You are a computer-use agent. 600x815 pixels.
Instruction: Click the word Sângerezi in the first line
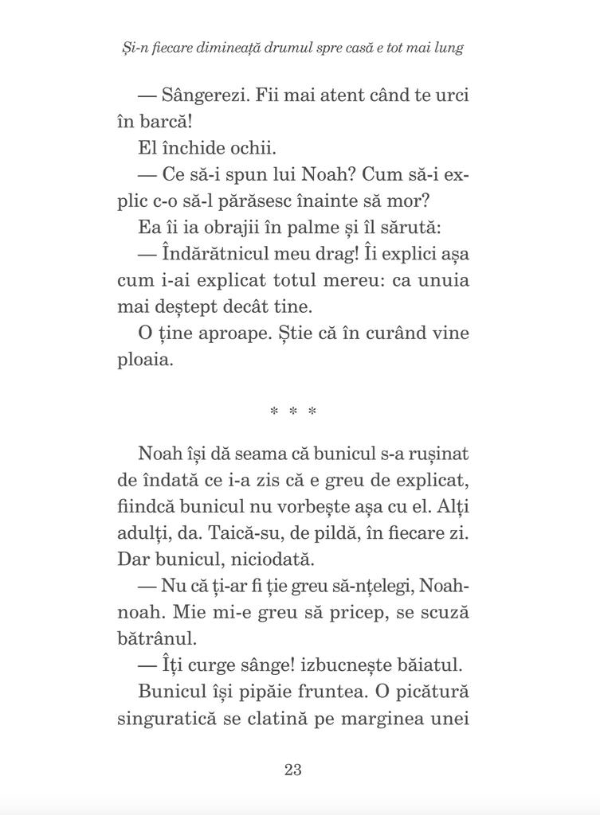(202, 96)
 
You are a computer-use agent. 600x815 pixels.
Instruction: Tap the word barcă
(165, 123)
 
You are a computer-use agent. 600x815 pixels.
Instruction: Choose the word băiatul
(435, 665)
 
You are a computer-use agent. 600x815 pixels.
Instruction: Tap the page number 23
(292, 770)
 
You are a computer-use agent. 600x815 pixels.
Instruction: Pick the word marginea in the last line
(385, 718)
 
